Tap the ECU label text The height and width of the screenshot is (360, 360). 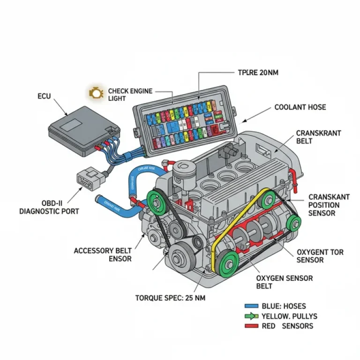(x=45, y=96)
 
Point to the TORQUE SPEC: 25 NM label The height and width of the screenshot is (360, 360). (x=170, y=298)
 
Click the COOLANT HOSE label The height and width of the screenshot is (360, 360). (x=300, y=107)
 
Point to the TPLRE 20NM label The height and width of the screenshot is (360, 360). (x=255, y=73)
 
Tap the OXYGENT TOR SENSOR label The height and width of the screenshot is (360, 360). (x=320, y=256)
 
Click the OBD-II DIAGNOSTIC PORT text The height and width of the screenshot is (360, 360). (x=49, y=207)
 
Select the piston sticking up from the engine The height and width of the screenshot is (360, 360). (x=183, y=174)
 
